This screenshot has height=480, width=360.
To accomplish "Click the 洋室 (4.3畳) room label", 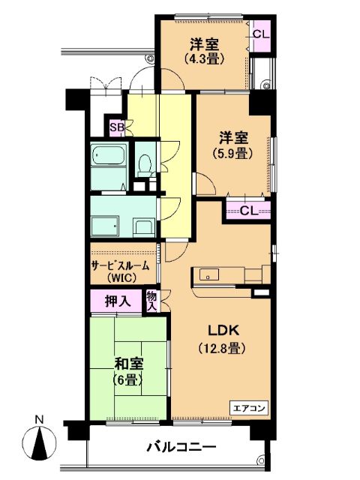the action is pos(204,51).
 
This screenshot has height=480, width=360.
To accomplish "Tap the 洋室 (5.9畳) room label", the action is pos(233,145).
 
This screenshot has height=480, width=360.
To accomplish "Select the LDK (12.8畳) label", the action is pos(223,339).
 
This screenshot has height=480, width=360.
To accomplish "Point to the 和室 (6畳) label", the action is pos(128,372).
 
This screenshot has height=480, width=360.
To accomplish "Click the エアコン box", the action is pos(249,408).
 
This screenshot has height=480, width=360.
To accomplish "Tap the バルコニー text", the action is pos(181,448).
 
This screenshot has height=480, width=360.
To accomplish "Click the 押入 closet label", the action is pos(118,301).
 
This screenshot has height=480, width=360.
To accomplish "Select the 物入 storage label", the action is pos(151,301).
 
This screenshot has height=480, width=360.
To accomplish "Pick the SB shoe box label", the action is pos(117,127).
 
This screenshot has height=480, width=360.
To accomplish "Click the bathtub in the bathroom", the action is pos(109,156).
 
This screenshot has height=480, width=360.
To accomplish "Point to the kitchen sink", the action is pos(209,274).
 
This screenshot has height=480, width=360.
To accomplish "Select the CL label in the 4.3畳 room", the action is pos(262,34).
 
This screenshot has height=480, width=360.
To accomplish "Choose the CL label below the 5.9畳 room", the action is pos(249,211).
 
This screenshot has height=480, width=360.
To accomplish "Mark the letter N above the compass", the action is pos(39,419).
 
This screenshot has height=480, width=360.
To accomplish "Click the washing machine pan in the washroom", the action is pos(105,226).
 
